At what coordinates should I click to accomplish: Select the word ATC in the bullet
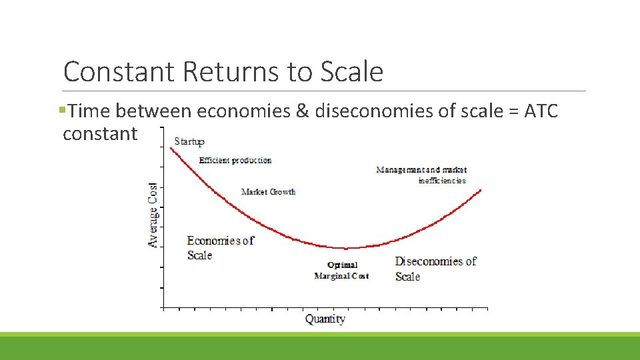click(541, 111)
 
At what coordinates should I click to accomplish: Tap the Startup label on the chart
click(189, 141)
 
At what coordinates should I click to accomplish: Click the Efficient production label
click(235, 160)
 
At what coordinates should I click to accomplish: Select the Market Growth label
click(268, 192)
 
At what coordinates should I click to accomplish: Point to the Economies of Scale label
click(219, 248)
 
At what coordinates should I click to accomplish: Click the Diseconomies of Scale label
click(435, 269)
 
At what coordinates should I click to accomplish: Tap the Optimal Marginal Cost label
click(342, 271)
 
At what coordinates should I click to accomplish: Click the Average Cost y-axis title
click(153, 215)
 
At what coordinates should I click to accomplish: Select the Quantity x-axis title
click(325, 319)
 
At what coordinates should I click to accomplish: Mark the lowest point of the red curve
click(345, 249)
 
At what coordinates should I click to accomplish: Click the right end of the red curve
click(480, 190)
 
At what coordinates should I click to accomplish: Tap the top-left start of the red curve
click(171, 148)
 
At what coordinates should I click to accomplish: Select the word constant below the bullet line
click(100, 133)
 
